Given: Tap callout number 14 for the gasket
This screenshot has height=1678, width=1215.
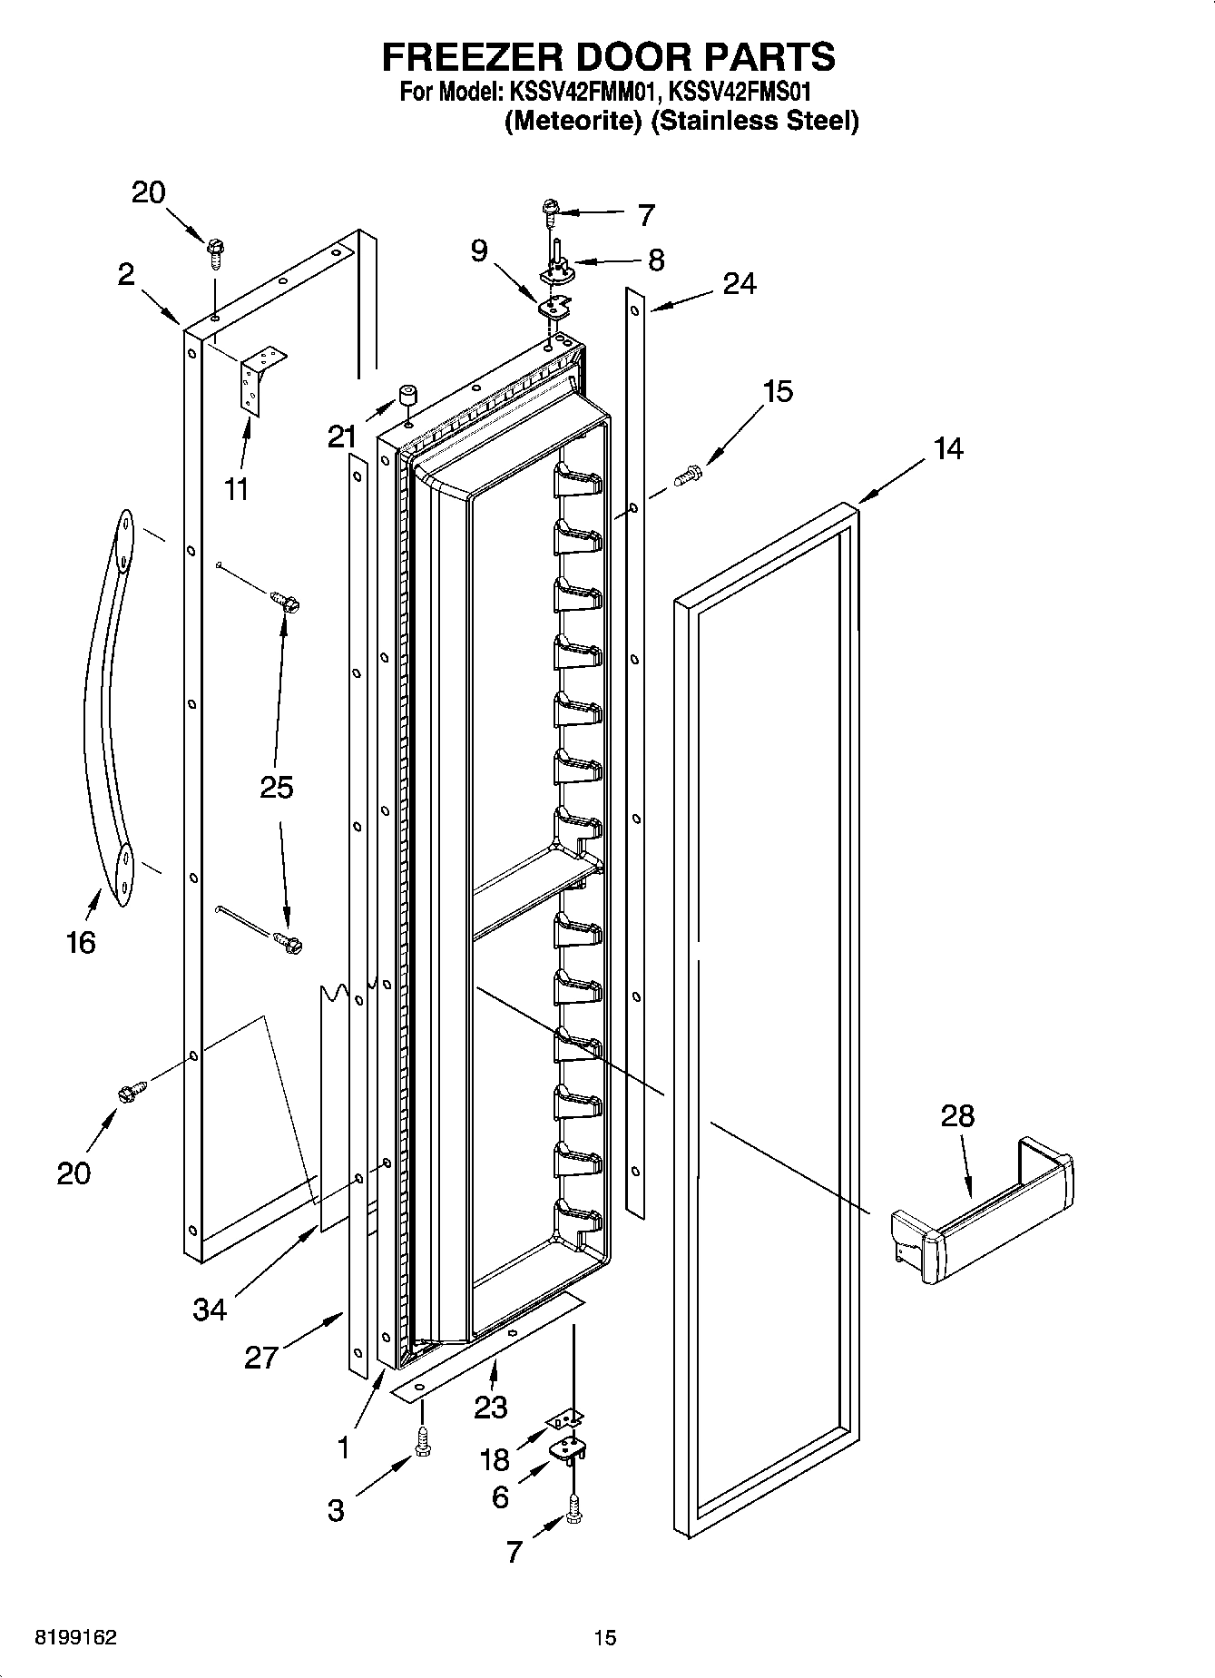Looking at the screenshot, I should (x=948, y=449).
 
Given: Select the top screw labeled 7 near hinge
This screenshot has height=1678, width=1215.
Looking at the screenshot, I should (x=551, y=211).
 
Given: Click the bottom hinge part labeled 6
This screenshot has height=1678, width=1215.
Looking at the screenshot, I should (x=566, y=1449).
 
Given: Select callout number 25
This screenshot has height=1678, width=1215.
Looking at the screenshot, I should (x=277, y=787).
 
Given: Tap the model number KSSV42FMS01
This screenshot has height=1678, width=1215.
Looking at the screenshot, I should (x=739, y=92).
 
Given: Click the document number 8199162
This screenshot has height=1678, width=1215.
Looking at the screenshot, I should (x=75, y=1638).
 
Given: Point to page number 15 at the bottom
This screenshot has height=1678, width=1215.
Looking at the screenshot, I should (x=605, y=1638).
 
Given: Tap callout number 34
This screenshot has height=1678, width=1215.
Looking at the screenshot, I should (x=210, y=1310).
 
